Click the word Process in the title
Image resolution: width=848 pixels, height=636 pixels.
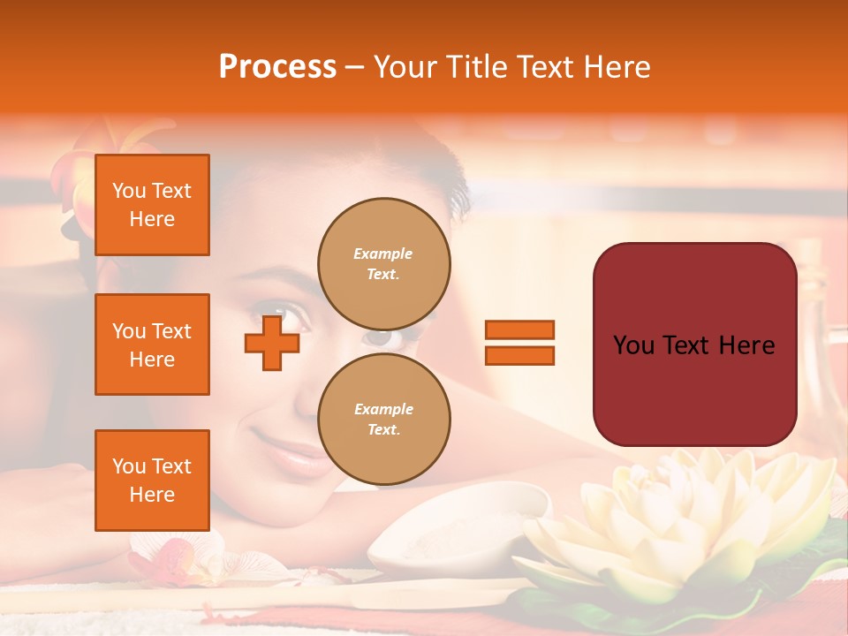coord(277,67)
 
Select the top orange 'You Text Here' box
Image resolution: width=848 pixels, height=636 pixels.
coord(152,205)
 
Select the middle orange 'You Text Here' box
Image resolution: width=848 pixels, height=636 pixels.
coord(152,344)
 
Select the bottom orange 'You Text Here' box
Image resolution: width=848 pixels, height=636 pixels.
coord(152,481)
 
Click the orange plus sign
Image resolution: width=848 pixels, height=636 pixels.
coord(272,344)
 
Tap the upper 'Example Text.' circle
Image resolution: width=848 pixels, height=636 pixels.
coord(384,263)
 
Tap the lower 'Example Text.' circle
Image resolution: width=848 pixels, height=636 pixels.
coord(384,419)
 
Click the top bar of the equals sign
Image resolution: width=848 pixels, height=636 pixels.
coord(519,330)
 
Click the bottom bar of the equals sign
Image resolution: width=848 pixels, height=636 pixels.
coord(519,356)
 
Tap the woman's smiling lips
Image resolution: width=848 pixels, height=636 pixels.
coord(291,453)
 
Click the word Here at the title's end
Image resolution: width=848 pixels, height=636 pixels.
coord(615,67)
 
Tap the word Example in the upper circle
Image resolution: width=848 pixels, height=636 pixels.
coord(383,254)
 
